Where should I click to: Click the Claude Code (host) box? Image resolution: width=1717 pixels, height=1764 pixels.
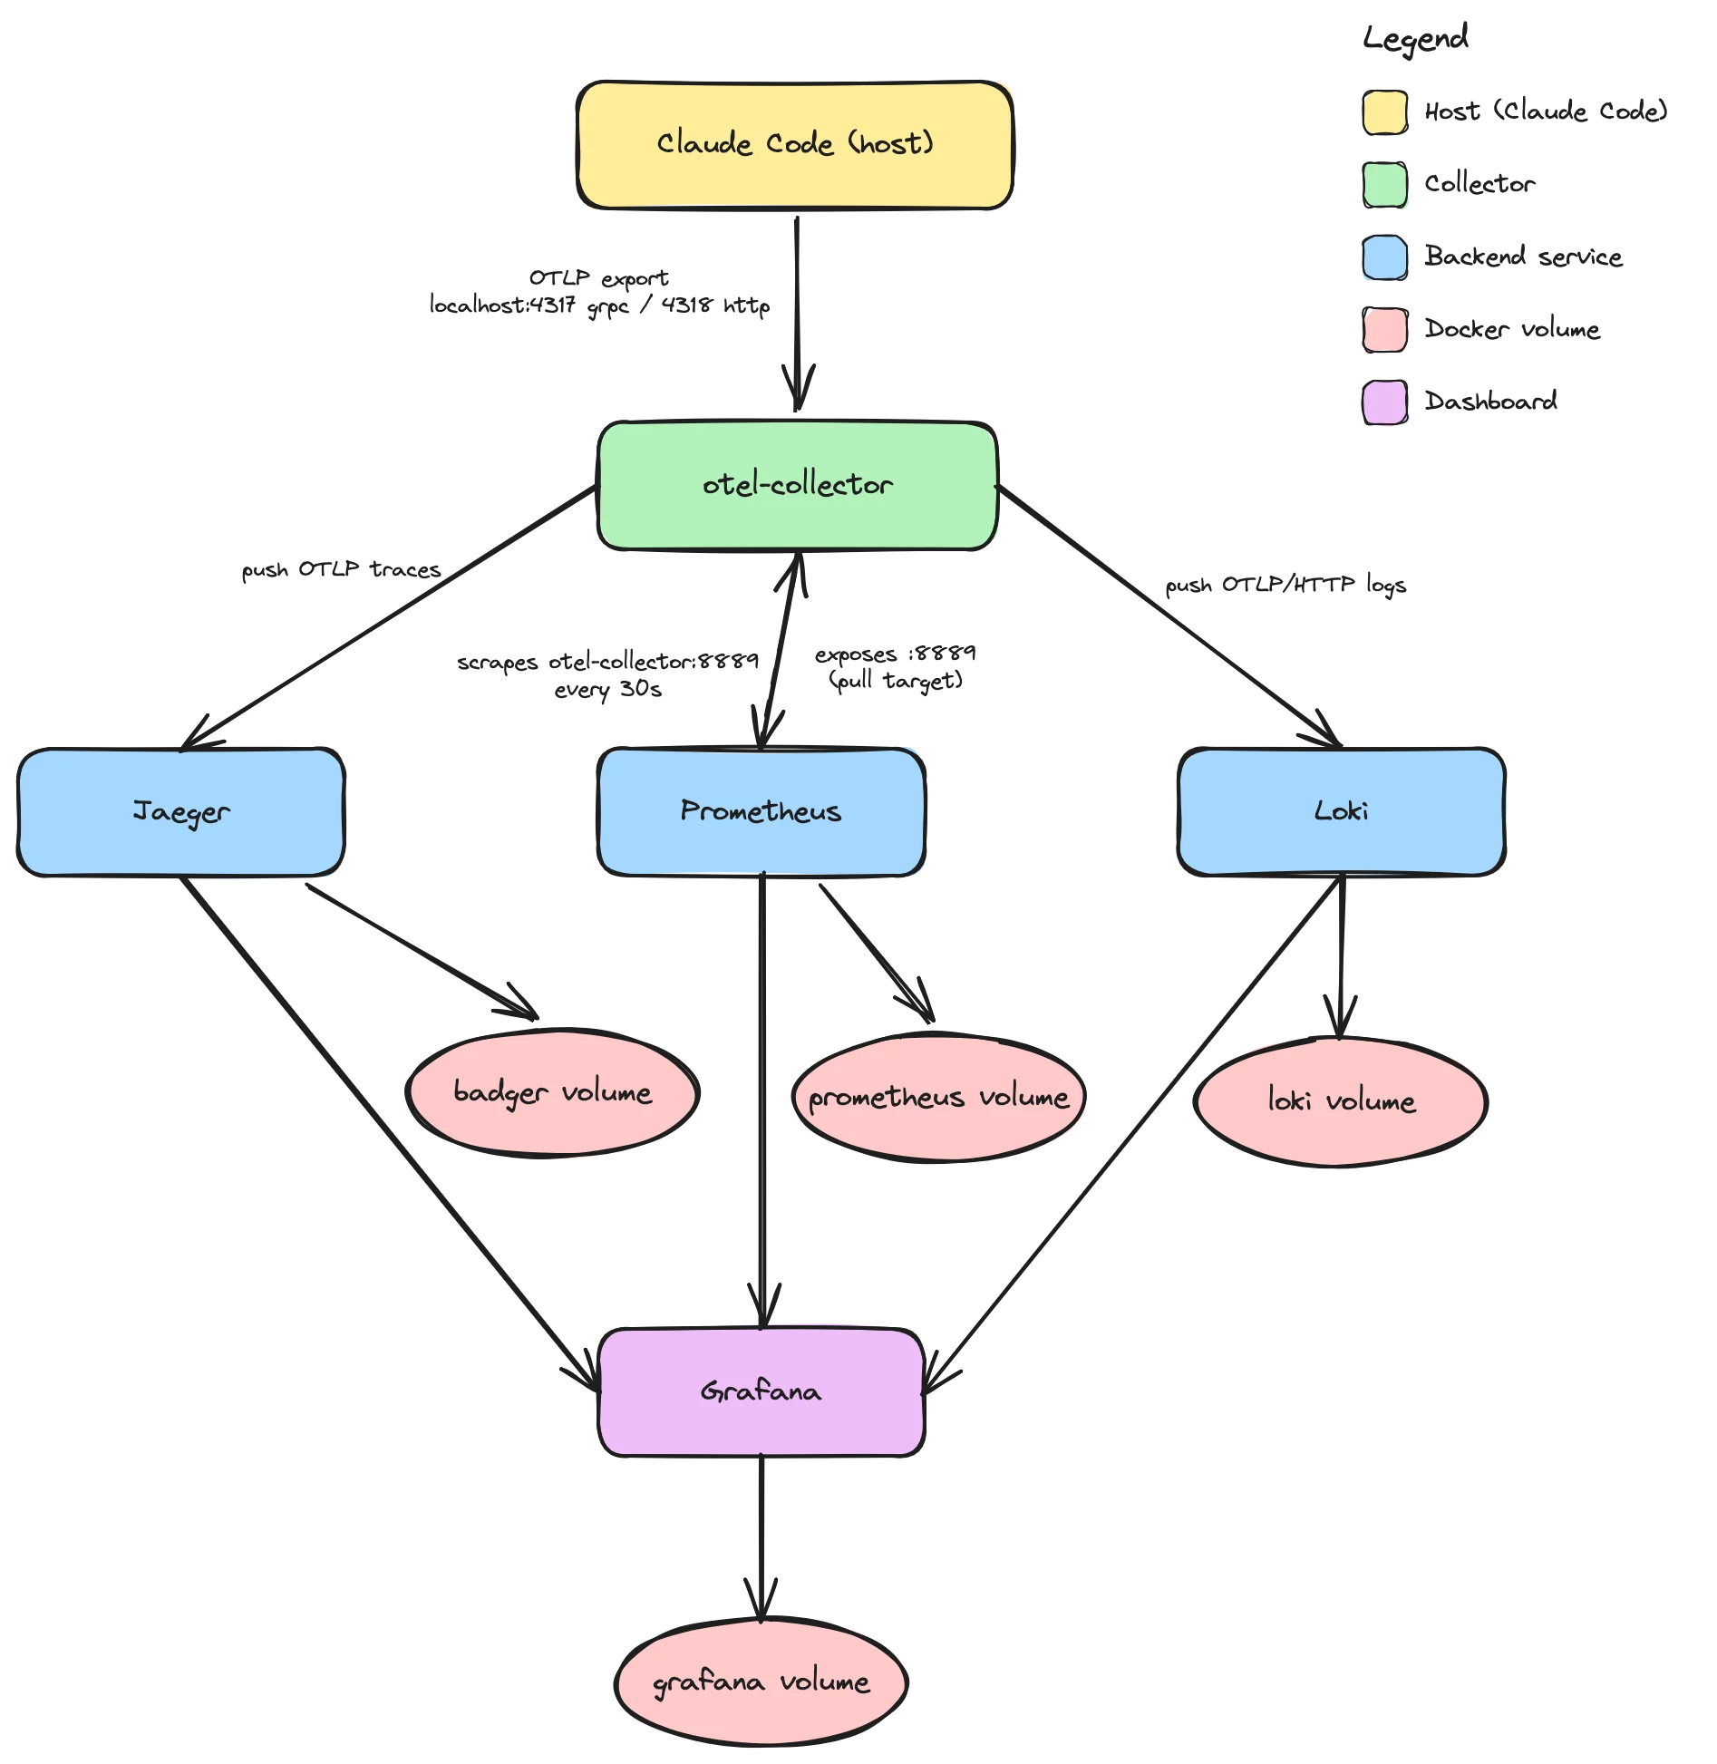(x=795, y=145)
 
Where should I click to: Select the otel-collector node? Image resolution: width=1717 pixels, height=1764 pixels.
(x=798, y=485)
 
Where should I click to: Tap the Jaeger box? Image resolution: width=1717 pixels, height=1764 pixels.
(x=181, y=811)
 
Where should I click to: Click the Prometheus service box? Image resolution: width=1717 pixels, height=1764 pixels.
(x=761, y=811)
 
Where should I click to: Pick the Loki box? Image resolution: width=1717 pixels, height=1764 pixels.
(x=1342, y=811)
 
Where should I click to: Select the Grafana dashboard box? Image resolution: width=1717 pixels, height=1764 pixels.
(x=761, y=1391)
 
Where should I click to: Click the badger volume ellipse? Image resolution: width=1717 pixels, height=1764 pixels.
(x=553, y=1092)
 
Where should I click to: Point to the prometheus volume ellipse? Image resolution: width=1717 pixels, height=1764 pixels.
(x=939, y=1097)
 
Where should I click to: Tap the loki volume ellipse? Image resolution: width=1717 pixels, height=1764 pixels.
(x=1341, y=1101)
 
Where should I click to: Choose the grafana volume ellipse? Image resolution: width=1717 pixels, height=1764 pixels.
(x=761, y=1682)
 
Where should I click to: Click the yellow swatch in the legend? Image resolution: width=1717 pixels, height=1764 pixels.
(x=1385, y=112)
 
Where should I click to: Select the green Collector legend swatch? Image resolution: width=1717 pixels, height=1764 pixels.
(x=1385, y=185)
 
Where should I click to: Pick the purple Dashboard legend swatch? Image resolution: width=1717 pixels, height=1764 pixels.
(x=1385, y=402)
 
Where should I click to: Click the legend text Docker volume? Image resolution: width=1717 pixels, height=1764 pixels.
(x=1512, y=328)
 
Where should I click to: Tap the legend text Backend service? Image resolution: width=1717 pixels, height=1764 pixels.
(x=1523, y=257)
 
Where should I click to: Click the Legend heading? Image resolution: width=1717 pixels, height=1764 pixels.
(x=1415, y=39)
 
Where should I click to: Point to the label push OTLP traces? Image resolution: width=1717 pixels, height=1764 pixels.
(x=341, y=569)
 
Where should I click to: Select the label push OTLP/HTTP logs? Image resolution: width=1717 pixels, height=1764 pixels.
(x=1285, y=585)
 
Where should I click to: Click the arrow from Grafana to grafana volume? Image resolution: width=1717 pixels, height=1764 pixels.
(x=761, y=1538)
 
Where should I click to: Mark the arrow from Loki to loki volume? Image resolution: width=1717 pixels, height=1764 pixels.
(x=1342, y=957)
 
